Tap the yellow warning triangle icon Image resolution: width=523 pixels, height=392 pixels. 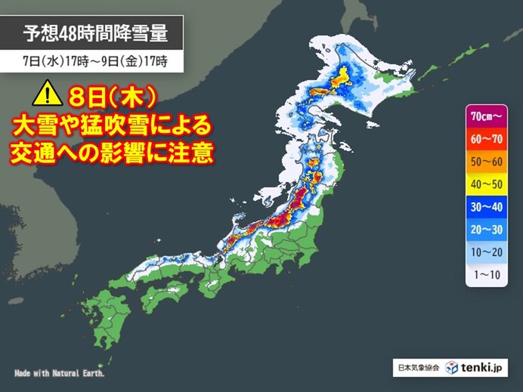click(44, 95)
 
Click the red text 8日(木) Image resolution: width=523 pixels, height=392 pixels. click(113, 97)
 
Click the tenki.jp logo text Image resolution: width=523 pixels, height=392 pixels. click(484, 368)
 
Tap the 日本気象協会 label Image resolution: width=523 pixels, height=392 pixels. click(416, 369)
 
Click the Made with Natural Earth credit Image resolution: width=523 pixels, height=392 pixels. click(60, 373)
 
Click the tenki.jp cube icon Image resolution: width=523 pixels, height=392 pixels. click(451, 368)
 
